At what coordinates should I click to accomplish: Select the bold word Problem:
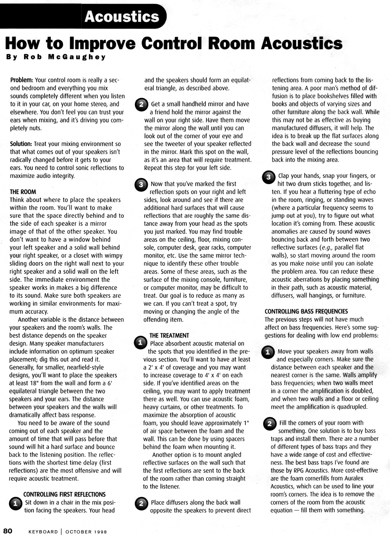(22, 80)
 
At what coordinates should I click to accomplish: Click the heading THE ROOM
(23, 192)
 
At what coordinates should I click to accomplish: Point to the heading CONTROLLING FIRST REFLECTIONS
(64, 495)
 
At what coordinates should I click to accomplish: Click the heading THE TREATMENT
(169, 335)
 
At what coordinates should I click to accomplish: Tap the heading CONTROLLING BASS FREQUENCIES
(306, 311)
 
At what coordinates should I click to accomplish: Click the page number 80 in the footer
(8, 531)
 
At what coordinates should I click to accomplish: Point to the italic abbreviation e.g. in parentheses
(326, 248)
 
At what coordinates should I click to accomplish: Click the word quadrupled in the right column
(352, 407)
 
